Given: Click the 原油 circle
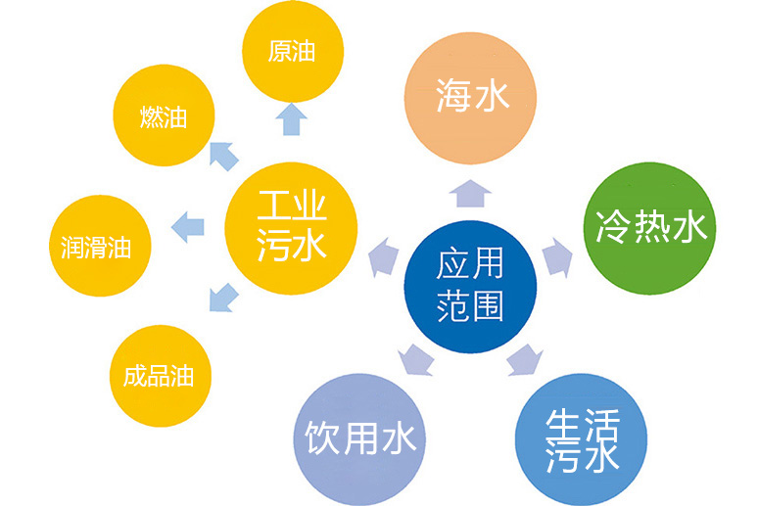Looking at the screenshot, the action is [x=293, y=51].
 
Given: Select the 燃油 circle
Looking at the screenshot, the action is [x=164, y=115].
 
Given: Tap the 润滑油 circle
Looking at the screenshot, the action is [x=100, y=246].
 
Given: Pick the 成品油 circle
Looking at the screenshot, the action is [x=161, y=376].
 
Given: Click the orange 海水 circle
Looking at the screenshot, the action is [x=470, y=98].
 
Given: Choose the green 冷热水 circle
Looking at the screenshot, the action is [x=649, y=228].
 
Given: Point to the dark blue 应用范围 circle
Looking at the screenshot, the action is [x=470, y=287].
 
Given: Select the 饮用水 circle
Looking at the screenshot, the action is [x=360, y=439].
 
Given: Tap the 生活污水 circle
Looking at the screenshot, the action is [x=581, y=439].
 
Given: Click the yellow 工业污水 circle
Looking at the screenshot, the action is [x=291, y=228].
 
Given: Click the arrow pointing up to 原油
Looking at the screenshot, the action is [x=292, y=118].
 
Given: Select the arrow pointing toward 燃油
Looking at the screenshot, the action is [x=223, y=156].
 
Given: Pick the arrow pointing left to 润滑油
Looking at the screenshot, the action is [x=188, y=227].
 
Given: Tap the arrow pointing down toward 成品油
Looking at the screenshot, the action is [x=223, y=298].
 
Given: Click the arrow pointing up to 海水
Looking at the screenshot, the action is [x=470, y=194].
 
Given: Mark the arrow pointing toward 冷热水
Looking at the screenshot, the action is [x=557, y=257].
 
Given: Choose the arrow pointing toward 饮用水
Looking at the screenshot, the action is [x=416, y=360].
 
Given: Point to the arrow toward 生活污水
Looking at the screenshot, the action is [x=525, y=360].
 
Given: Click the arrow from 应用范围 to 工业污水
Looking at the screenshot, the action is [x=384, y=257].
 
